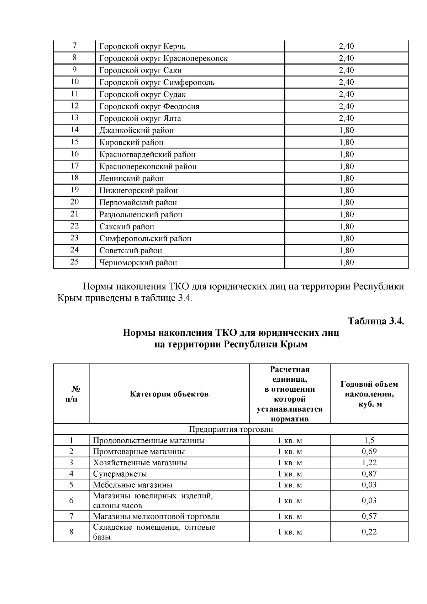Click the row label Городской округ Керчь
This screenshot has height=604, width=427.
tap(142, 47)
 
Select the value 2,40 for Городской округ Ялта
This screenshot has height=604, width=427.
tap(346, 118)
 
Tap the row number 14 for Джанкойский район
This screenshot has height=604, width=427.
tap(74, 130)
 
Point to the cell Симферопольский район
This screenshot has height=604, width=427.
tap(145, 239)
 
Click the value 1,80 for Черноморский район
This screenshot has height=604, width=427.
tap(346, 263)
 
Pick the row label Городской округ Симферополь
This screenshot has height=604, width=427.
tap(157, 83)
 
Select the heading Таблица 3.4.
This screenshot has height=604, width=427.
tap(376, 321)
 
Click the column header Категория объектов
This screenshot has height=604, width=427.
tap(169, 394)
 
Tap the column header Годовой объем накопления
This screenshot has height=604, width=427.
tap(369, 394)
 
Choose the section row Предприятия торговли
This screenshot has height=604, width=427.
tap(231, 429)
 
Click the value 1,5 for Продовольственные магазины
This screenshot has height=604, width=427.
tap(369, 441)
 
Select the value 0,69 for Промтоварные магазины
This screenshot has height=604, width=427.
tap(369, 452)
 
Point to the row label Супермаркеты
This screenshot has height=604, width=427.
tap(120, 474)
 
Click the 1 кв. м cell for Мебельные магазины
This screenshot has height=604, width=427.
tap(290, 485)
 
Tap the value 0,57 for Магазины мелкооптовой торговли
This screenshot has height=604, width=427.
tap(369, 516)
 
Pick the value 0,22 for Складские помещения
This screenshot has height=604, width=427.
tap(369, 532)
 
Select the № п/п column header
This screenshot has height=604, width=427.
tap(71, 394)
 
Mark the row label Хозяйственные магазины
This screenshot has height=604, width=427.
tap(140, 463)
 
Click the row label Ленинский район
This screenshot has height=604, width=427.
tap(131, 179)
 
